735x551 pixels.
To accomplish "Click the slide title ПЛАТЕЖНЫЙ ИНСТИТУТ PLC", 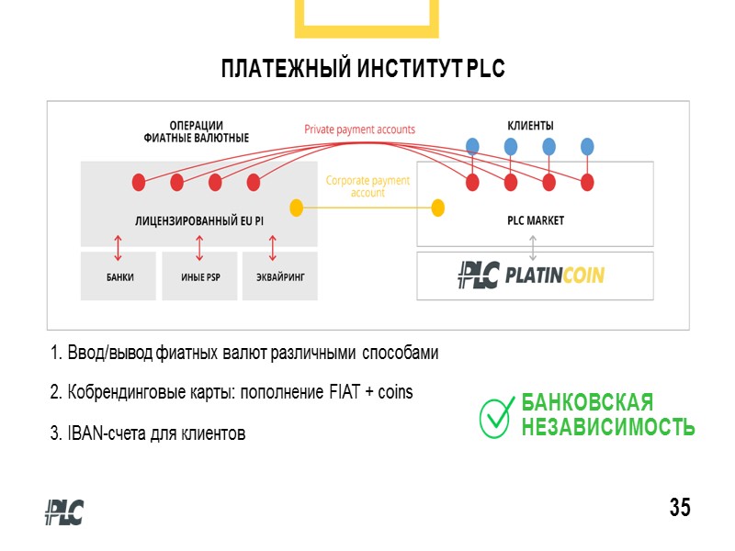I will point(363,70).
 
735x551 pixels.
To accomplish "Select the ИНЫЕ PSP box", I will point(198,276).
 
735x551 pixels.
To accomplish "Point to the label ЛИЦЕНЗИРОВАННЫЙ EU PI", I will point(198,220).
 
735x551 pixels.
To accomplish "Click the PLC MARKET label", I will point(536,220).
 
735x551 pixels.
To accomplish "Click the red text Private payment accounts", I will point(360,129).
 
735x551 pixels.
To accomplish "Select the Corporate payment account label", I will point(367,186).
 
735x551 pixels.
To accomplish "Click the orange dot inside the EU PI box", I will point(296,208).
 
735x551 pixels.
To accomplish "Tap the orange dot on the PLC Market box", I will point(438,208).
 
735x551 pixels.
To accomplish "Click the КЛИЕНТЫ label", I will point(531,125).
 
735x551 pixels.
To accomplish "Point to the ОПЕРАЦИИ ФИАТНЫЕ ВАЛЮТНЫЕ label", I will point(197,131).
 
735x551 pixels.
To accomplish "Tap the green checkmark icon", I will point(496,416).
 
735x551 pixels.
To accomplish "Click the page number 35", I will point(680,507).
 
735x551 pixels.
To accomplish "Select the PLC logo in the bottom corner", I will point(64,512).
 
